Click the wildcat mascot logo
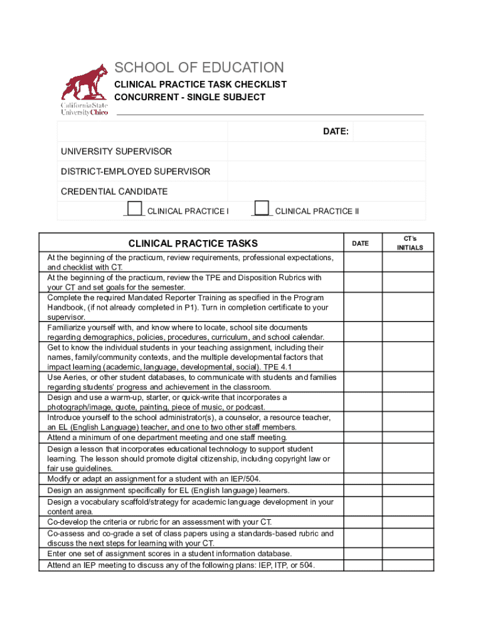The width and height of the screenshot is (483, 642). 85,82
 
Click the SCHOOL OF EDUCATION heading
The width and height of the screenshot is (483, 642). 199,68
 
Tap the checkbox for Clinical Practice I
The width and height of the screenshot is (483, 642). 134,209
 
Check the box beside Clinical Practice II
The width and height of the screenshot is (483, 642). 262,209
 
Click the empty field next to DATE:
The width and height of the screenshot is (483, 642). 389,132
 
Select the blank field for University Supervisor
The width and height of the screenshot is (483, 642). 326,152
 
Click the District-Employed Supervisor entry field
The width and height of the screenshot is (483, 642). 326,172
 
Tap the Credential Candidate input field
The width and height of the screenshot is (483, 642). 326,192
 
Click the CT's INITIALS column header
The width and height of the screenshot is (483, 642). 410,243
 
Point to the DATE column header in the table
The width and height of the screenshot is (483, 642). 360,243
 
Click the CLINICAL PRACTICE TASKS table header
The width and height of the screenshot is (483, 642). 193,243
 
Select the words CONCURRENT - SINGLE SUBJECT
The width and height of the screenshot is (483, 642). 189,97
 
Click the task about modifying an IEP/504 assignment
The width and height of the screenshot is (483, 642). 154,478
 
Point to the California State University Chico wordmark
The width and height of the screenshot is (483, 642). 83,109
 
